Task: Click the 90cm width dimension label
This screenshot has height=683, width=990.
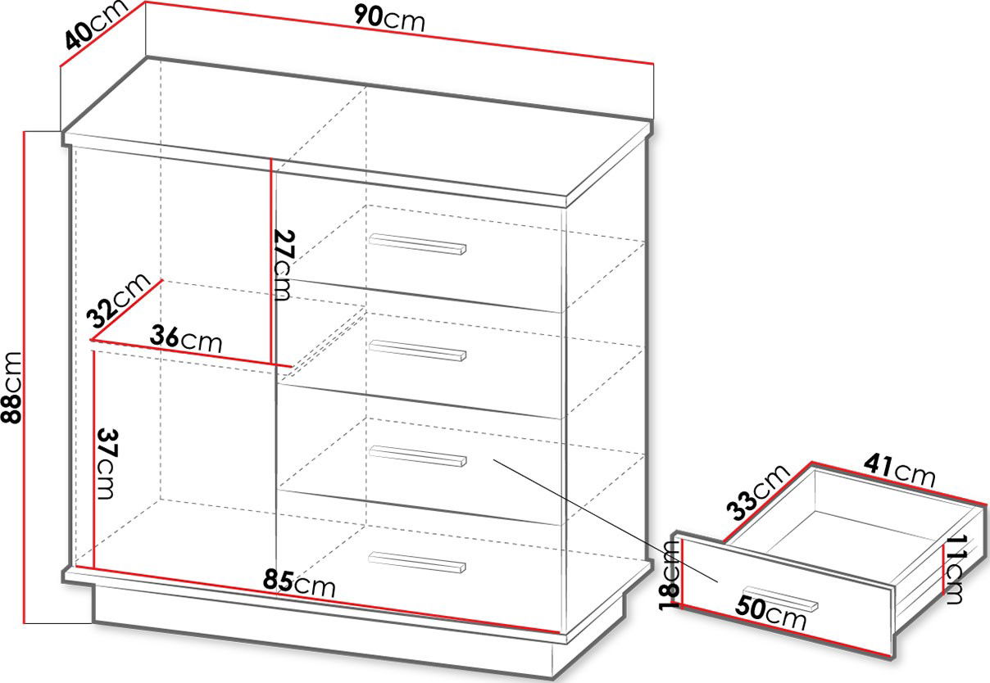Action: [x=389, y=20]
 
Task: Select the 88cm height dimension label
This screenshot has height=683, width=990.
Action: [x=11, y=387]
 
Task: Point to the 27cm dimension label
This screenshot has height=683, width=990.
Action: [x=283, y=265]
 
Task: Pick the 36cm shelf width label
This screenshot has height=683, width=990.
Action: [x=185, y=338]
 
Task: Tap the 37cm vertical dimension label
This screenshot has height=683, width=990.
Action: [x=107, y=464]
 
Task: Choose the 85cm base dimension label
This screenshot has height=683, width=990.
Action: [x=299, y=583]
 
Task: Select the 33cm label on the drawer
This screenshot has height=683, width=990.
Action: [x=757, y=492]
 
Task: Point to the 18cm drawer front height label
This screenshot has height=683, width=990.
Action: [x=669, y=575]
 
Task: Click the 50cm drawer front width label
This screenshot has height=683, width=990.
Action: [x=771, y=613]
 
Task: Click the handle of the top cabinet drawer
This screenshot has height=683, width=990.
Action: [x=418, y=244]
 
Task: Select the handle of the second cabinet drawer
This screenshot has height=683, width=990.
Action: [x=418, y=351]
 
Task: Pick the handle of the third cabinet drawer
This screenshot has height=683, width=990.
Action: [x=418, y=456]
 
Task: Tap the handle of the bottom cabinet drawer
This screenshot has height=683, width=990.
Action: [x=418, y=562]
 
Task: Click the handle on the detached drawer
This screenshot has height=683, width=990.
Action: [x=780, y=599]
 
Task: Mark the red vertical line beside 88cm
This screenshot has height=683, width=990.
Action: [x=24, y=378]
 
